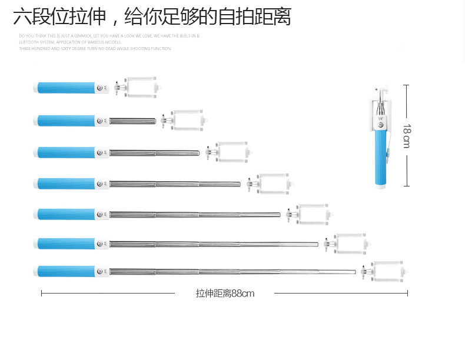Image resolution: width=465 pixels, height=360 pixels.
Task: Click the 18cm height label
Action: click(x=406, y=135)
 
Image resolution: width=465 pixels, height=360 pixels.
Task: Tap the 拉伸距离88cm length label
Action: click(x=225, y=293)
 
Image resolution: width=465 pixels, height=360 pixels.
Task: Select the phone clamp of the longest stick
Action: click(x=387, y=272)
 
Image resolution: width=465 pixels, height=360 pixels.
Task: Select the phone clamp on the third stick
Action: click(x=231, y=152)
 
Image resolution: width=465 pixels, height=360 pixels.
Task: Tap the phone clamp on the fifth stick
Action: click(x=312, y=214)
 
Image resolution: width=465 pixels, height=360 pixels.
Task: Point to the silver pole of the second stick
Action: click(x=132, y=121)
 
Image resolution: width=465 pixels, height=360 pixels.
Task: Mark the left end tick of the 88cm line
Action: click(x=41, y=293)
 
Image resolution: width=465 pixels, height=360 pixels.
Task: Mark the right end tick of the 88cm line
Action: click(x=407, y=293)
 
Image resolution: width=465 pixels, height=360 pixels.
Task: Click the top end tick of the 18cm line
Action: click(x=406, y=85)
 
